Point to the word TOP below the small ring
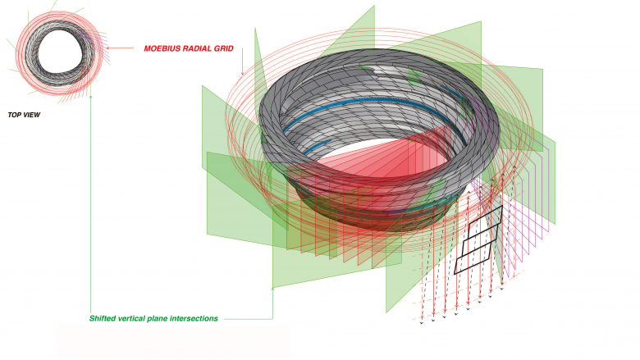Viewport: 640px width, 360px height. [x=14, y=115]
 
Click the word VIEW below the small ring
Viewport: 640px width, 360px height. [x=31, y=115]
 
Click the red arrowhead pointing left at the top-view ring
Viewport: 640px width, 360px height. [x=108, y=48]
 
